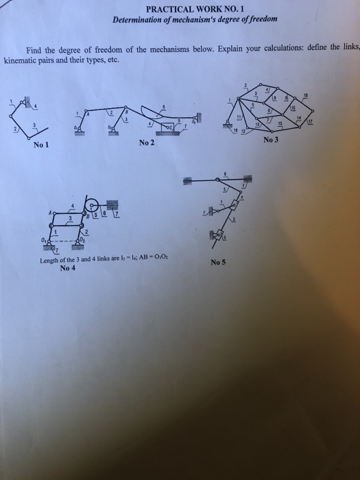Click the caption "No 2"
(146, 142)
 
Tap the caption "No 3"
(271, 140)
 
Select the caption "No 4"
(68, 268)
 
